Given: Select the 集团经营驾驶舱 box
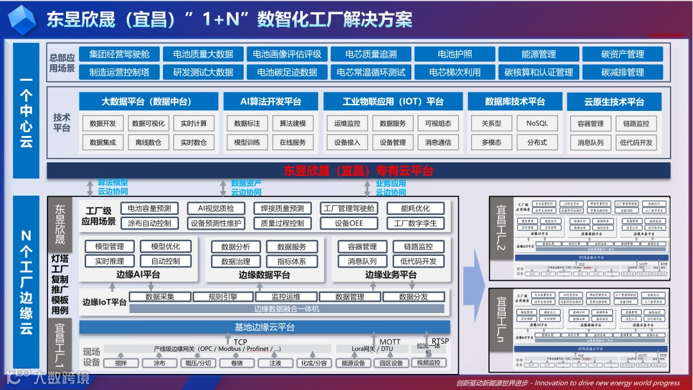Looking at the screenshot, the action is tap(119, 55).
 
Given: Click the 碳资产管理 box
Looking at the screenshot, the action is tap(622, 55).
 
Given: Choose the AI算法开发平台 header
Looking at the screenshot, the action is tap(270, 101).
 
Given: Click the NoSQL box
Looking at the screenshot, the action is tap(537, 124).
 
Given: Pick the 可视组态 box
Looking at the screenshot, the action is tap(438, 124).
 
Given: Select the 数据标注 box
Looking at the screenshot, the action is tap(247, 124).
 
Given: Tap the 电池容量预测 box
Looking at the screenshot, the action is tap(150, 208).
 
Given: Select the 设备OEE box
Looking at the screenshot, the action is tap(348, 223).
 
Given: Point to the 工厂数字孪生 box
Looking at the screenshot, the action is tap(415, 223).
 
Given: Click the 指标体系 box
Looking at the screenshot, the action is tap(291, 261).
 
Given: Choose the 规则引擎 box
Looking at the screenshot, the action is tap(223, 297).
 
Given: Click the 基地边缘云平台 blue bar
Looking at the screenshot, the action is tap(264, 327).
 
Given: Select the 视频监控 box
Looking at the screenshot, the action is tap(428, 363).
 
